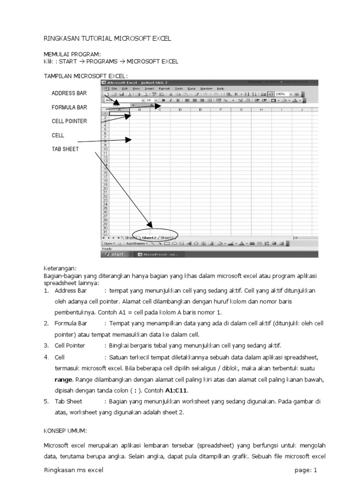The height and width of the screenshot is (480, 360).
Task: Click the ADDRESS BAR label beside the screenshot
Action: coord(69,93)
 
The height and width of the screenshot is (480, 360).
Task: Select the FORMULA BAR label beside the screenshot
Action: coord(69,107)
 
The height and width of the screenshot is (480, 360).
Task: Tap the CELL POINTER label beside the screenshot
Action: coord(69,121)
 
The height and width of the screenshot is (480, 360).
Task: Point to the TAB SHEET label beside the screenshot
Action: coord(65,150)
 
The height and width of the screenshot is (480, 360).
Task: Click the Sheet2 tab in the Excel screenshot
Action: coord(149,238)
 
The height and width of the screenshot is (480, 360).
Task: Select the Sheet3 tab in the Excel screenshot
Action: coord(167,238)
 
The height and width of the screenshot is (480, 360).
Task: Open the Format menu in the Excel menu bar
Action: coord(164,88)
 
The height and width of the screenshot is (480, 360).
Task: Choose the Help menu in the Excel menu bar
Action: coord(220,88)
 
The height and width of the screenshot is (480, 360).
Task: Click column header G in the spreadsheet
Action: coord(240,110)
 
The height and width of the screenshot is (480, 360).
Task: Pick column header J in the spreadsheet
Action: coord(301,110)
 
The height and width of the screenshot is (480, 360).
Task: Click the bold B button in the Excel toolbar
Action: coord(163,100)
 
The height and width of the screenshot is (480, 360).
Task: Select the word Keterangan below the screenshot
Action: coord(60,268)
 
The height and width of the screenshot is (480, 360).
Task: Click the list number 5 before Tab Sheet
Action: coord(46,401)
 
